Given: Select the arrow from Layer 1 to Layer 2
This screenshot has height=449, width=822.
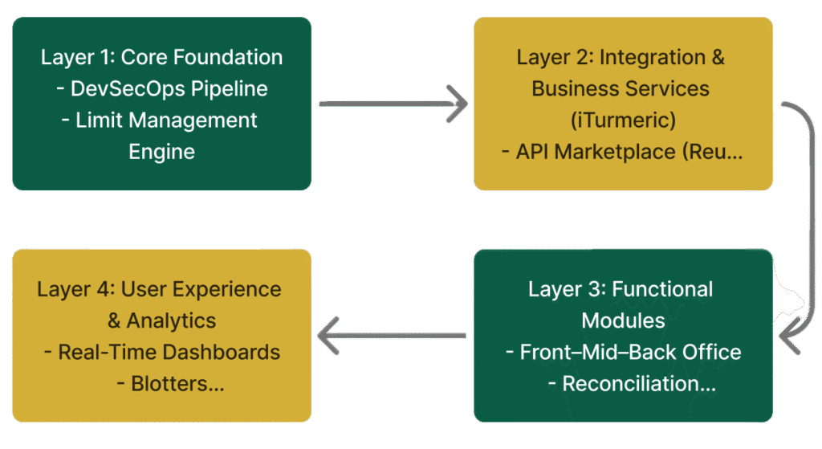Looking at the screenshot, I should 393,103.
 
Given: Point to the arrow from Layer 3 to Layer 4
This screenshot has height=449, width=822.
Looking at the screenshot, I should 393,335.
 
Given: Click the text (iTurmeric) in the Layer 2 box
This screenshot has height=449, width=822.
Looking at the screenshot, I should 623,120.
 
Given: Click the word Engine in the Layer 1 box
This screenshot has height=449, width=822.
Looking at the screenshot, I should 161,151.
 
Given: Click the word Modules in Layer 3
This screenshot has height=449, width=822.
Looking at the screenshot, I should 623,320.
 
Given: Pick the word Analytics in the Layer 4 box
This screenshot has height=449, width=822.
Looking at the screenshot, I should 171,320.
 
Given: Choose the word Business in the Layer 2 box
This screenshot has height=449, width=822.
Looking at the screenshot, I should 577,88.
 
